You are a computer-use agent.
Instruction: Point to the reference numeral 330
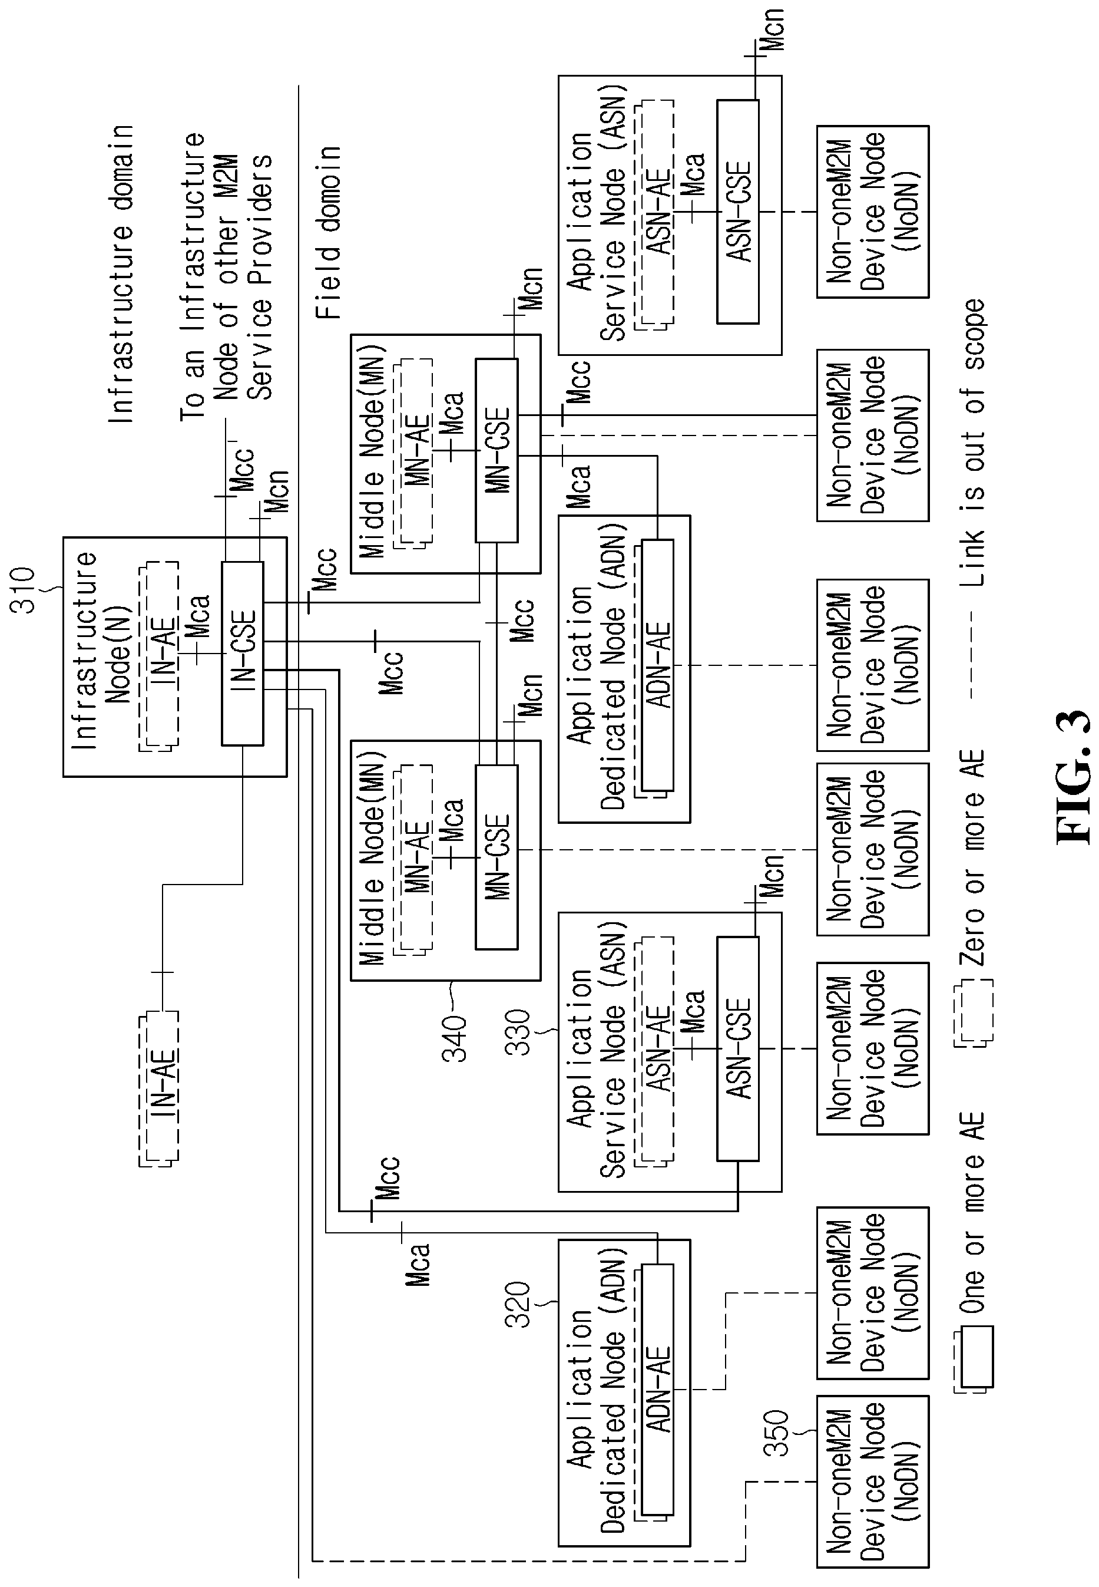coord(518,1032)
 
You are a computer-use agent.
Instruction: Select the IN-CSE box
coord(243,654)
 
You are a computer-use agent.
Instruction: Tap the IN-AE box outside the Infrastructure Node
coord(159,1088)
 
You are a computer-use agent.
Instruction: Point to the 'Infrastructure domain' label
coord(121,274)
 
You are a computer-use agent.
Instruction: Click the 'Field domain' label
coord(329,232)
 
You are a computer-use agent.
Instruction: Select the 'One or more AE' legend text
coord(973,1213)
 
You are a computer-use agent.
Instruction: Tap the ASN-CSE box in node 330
coord(737,1048)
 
